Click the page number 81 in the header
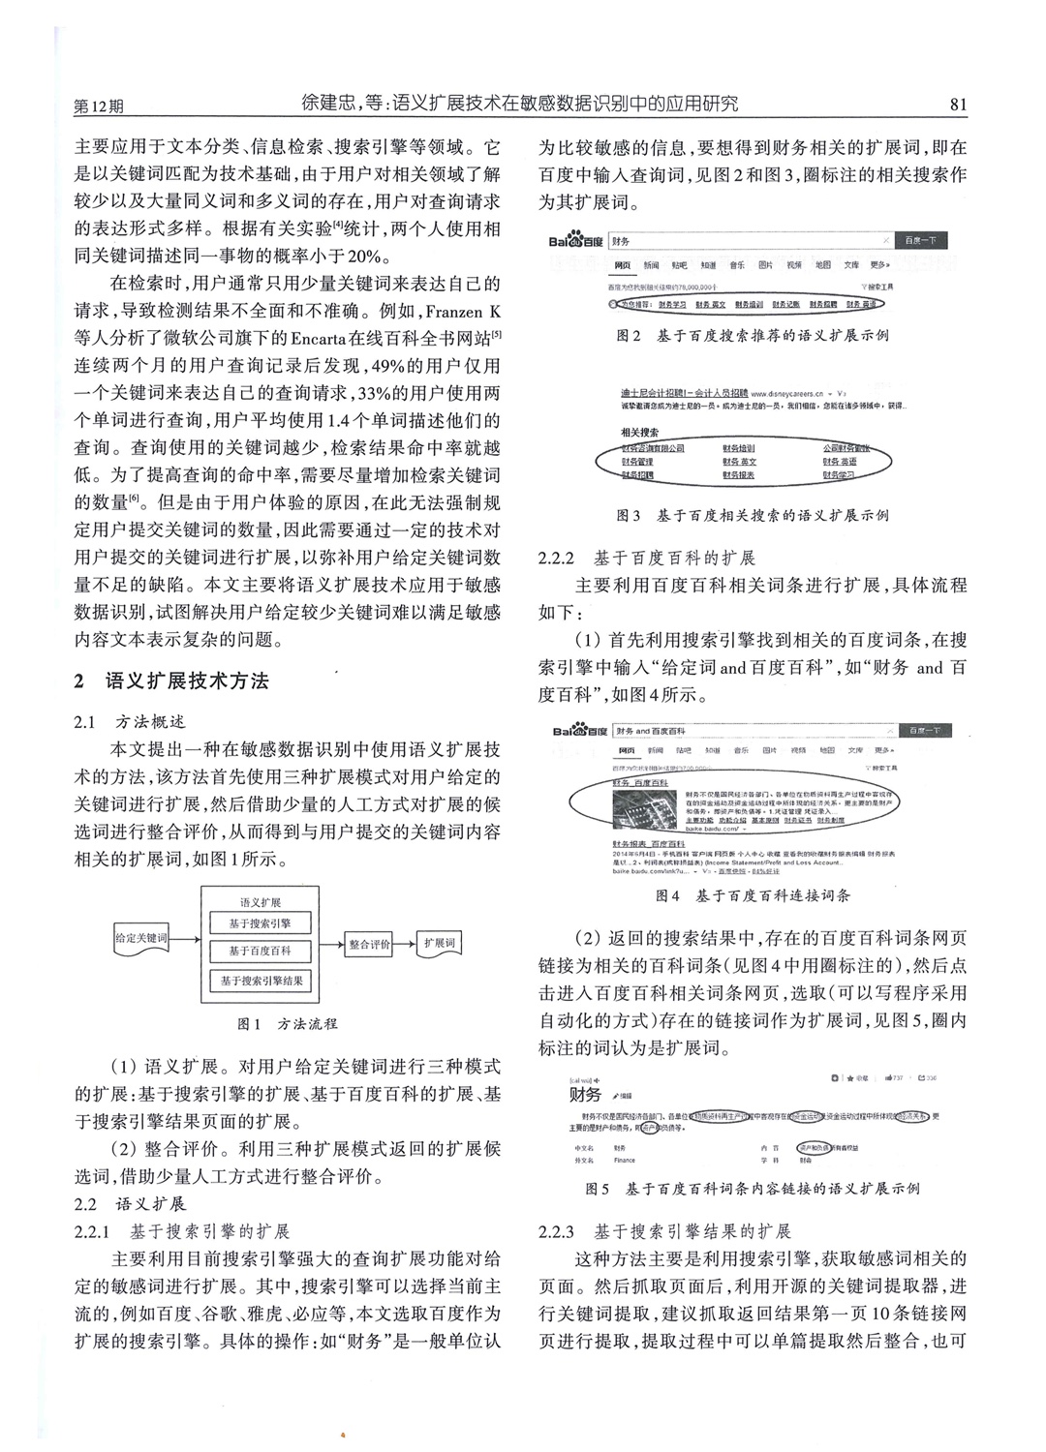[x=959, y=105]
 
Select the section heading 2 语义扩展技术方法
[x=172, y=681]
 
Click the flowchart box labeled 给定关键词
[x=141, y=938]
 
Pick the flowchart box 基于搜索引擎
[x=260, y=923]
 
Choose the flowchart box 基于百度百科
[x=260, y=951]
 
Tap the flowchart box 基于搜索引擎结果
[x=260, y=981]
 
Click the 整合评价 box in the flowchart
[x=370, y=944]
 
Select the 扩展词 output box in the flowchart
[x=438, y=944]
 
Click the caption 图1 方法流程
[x=288, y=1023]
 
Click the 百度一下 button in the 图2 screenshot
[x=919, y=240]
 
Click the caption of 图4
[x=753, y=895]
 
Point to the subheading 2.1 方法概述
[x=130, y=722]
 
